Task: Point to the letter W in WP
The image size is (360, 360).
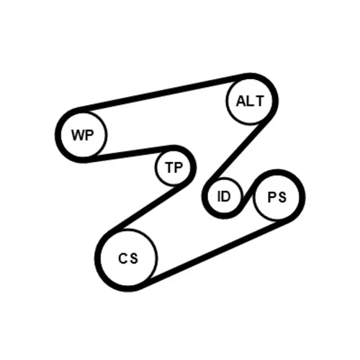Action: pos(78,135)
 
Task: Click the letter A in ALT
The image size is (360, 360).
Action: pos(241,102)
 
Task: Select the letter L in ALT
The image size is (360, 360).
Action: pos(251,102)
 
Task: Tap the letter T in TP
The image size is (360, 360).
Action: pos(169,167)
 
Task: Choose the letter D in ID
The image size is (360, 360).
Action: pos(226,197)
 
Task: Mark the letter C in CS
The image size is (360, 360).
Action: pos(122,258)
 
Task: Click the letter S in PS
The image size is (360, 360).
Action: pos(282,197)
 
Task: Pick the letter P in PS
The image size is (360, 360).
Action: pos(271,197)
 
